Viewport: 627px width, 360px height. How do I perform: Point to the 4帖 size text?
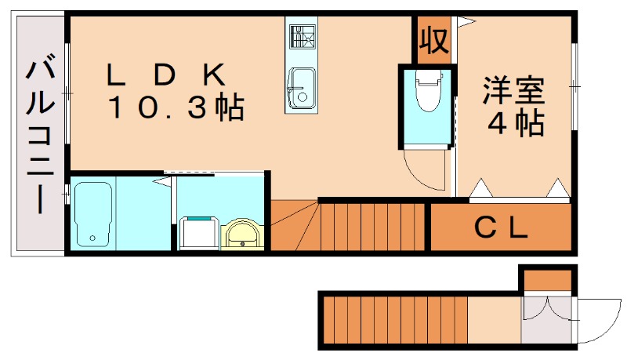point(516,123)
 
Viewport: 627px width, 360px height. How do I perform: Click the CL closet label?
point(501,228)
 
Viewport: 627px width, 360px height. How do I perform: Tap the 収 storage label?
point(433,38)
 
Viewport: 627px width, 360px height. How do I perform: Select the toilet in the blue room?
point(428,95)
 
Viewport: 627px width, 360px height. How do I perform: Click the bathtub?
point(93,214)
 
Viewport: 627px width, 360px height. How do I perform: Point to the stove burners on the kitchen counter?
point(300,35)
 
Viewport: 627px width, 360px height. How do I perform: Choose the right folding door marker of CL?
point(558,188)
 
